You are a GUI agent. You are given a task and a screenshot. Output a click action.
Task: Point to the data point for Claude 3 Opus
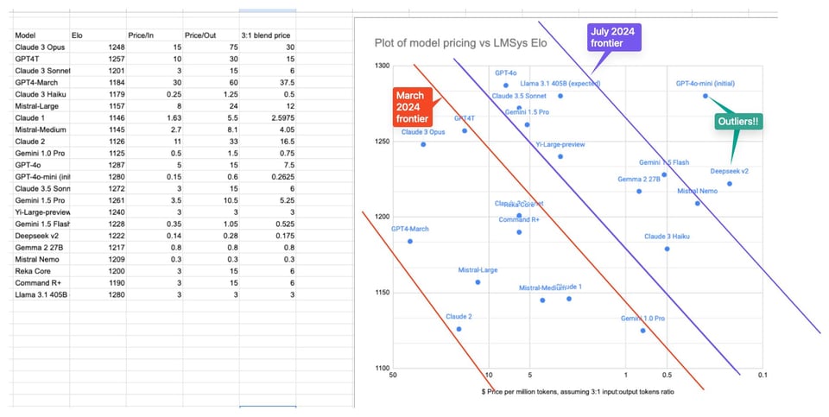(423, 144)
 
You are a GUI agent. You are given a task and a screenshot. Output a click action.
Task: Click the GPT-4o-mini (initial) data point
(706, 96)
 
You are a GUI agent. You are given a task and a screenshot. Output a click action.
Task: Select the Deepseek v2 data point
(730, 184)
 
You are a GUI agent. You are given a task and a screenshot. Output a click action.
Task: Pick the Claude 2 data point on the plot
(459, 329)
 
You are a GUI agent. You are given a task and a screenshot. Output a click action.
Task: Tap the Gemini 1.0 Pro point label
(642, 319)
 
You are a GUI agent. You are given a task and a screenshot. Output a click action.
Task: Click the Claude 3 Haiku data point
(667, 249)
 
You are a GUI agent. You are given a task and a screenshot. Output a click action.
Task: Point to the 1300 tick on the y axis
(381, 66)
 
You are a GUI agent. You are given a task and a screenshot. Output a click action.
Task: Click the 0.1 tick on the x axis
(762, 376)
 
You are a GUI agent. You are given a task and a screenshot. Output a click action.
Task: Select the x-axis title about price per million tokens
(578, 392)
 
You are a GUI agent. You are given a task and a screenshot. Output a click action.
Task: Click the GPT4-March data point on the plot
(409, 241)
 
